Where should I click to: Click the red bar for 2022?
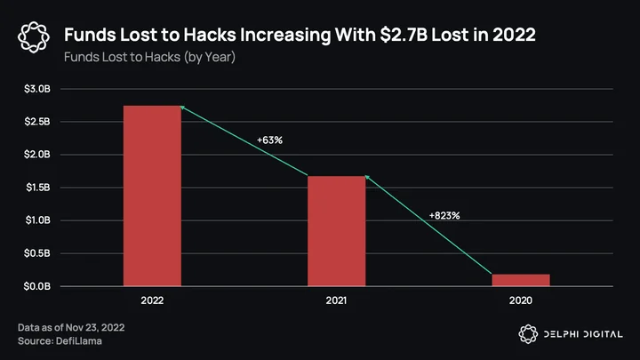tap(152, 196)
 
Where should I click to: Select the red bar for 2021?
tap(336, 231)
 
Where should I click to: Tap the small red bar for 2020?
tap(521, 280)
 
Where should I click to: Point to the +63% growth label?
tap(269, 140)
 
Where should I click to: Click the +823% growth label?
tap(444, 215)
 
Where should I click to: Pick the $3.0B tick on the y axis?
tap(37, 89)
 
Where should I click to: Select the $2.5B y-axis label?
tap(37, 121)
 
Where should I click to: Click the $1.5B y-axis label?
tap(38, 188)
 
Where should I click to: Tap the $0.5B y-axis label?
tap(37, 253)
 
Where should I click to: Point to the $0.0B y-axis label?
tap(37, 286)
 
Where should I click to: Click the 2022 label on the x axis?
tap(152, 300)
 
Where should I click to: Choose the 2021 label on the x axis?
tap(336, 300)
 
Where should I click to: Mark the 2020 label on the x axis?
tap(521, 300)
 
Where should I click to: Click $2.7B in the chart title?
tap(404, 35)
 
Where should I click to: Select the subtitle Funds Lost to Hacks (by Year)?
tap(150, 57)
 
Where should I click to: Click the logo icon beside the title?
tap(34, 37)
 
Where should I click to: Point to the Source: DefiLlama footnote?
tap(60, 340)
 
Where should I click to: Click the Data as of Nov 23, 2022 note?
tap(71, 327)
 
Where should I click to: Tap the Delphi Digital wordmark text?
tap(583, 334)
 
